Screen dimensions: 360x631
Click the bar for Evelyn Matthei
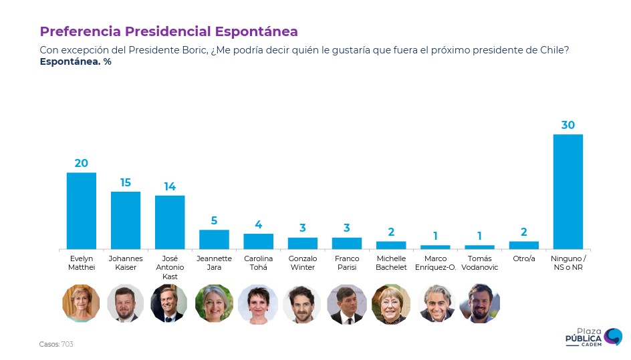(82, 210)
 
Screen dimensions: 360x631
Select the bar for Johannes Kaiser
(126, 220)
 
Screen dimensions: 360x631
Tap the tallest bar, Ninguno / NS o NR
(568, 192)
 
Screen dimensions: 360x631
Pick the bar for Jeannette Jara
(214, 239)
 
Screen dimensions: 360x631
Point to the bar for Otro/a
(523, 245)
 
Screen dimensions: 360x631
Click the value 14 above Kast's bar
(170, 187)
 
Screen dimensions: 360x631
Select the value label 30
(568, 126)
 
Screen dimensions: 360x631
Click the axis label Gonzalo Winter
(302, 262)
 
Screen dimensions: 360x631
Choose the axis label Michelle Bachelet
(391, 262)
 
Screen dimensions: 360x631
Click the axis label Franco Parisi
(347, 262)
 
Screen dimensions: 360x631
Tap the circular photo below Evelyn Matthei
(81, 304)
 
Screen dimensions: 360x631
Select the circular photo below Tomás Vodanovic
(480, 304)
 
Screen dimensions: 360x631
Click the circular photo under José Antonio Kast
(170, 304)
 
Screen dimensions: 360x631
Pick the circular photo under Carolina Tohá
(258, 304)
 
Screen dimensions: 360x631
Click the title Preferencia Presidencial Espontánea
(168, 31)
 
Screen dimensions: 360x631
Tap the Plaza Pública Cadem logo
(594, 338)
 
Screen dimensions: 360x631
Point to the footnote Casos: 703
(56, 344)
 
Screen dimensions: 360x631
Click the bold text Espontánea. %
(76, 62)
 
